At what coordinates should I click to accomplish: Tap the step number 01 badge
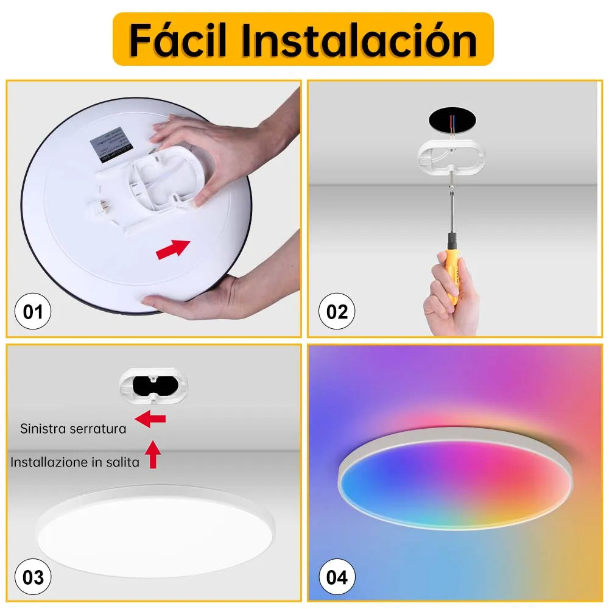pyautogui.click(x=33, y=312)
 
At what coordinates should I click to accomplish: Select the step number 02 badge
pyautogui.click(x=337, y=312)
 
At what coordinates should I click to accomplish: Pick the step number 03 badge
pyautogui.click(x=33, y=576)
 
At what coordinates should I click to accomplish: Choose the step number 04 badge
pyautogui.click(x=337, y=576)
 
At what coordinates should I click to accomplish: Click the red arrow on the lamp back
pyautogui.click(x=173, y=248)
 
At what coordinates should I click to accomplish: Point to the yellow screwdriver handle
pyautogui.click(x=453, y=262)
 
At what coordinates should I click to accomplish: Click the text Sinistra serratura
pyautogui.click(x=73, y=429)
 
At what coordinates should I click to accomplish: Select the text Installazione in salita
pyautogui.click(x=75, y=462)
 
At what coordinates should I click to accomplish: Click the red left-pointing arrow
pyautogui.click(x=150, y=419)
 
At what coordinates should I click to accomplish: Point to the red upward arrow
pyautogui.click(x=152, y=454)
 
